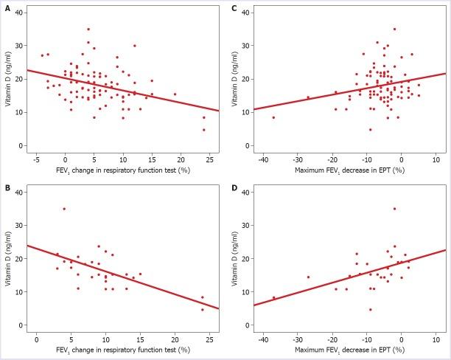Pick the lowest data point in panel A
click(x=204, y=130)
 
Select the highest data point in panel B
click(x=64, y=209)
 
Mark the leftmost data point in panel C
click(x=273, y=117)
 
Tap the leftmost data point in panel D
click(x=273, y=298)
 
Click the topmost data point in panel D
click(x=394, y=209)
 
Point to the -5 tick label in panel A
click(x=36, y=158)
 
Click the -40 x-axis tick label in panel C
click(x=262, y=158)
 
